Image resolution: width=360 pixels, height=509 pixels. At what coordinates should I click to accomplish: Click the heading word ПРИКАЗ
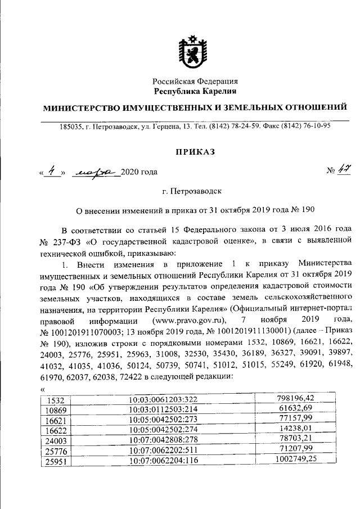195,151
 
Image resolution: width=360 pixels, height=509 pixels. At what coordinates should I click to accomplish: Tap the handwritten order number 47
337,171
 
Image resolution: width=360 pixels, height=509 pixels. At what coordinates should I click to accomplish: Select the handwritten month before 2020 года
94,172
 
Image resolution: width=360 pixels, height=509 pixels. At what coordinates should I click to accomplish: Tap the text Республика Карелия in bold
195,91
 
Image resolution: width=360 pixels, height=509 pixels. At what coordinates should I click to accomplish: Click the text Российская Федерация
195,81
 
